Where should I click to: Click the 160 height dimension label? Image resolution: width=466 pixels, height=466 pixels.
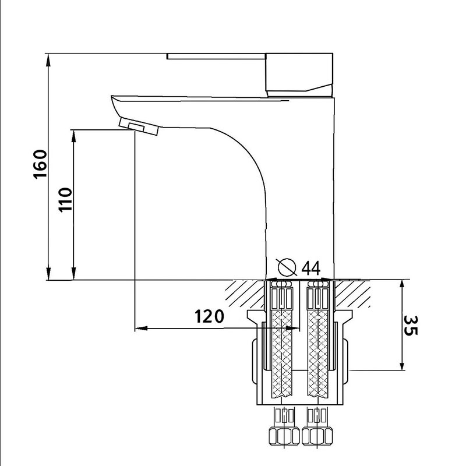[40, 164]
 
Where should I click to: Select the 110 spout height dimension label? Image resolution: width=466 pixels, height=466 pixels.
[65, 199]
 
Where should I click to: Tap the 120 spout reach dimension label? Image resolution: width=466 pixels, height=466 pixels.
[209, 316]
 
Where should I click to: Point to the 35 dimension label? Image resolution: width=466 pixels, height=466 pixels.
[411, 326]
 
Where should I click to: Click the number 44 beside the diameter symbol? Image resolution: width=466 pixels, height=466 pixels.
[311, 269]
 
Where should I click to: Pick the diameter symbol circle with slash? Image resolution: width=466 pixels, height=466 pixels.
[287, 267]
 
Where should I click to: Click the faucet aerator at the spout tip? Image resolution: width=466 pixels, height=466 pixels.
[139, 126]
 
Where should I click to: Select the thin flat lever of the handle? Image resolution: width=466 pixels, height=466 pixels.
[216, 56]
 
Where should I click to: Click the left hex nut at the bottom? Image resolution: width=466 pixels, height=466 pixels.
[284, 435]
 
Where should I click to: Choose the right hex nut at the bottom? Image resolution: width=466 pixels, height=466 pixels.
[317, 435]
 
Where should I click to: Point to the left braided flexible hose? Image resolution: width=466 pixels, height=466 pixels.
[282, 354]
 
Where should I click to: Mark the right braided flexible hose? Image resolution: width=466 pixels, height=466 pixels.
[318, 354]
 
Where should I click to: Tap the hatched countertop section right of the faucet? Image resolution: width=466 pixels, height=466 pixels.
[353, 294]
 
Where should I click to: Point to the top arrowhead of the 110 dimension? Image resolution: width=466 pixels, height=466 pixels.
[74, 136]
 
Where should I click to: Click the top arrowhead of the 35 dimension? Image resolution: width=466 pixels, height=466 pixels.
[402, 287]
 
